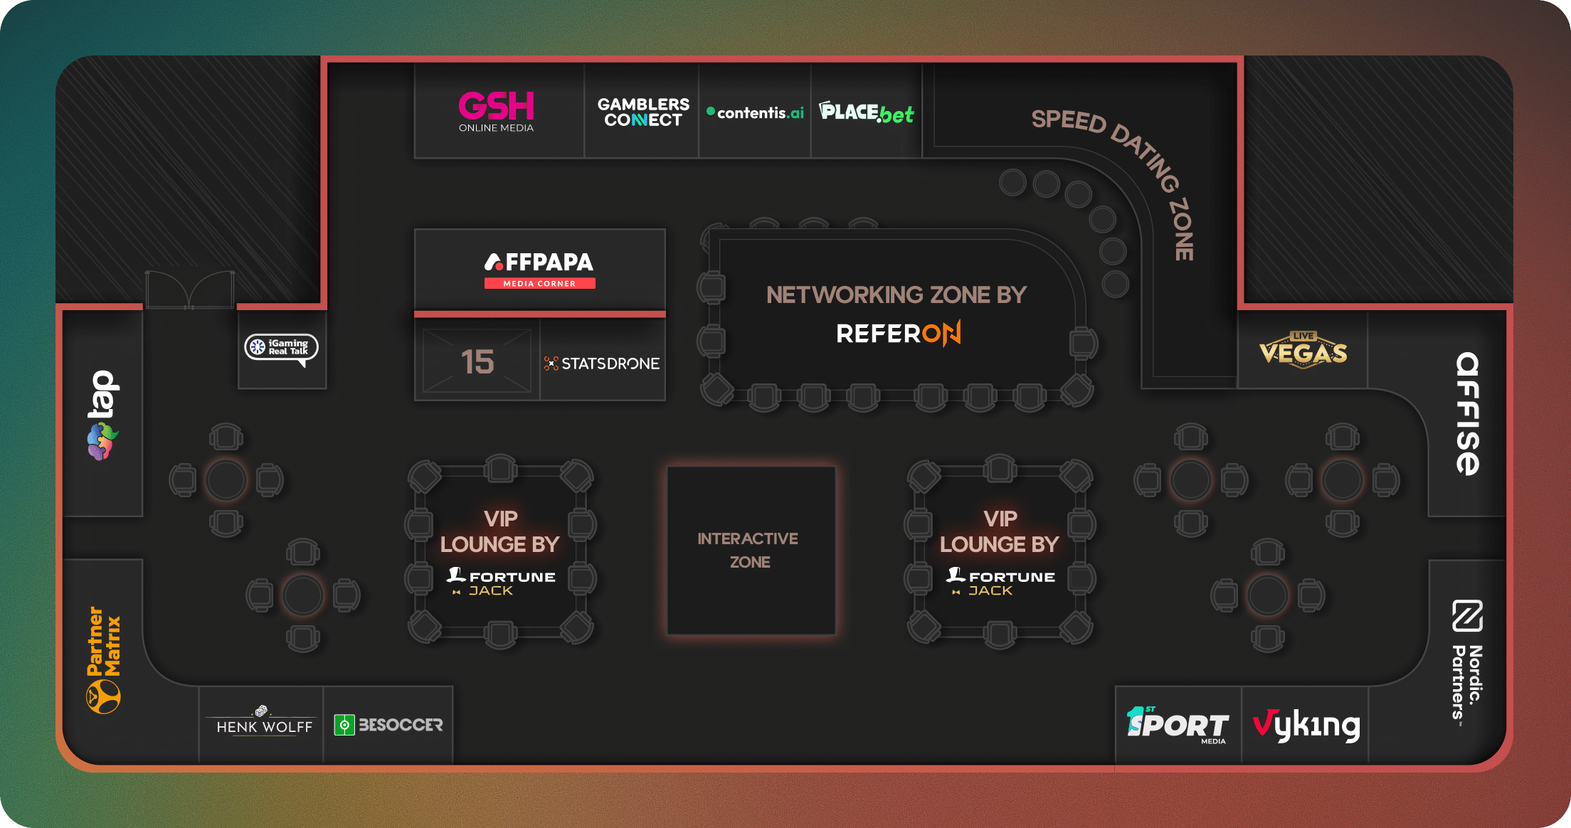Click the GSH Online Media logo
click(496, 111)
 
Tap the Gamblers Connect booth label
click(643, 112)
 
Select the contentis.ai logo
click(756, 112)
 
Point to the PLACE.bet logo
click(867, 112)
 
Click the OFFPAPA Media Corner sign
click(539, 270)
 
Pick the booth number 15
click(477, 361)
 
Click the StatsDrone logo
click(602, 363)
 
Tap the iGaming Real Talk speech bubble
click(282, 348)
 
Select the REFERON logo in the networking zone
click(898, 333)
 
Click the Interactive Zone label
click(749, 550)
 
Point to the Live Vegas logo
click(1303, 350)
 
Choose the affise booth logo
click(1467, 413)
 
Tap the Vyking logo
click(1306, 726)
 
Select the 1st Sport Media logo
click(1178, 725)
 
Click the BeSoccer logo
click(388, 725)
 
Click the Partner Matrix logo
click(104, 659)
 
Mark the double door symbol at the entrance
click(190, 290)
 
